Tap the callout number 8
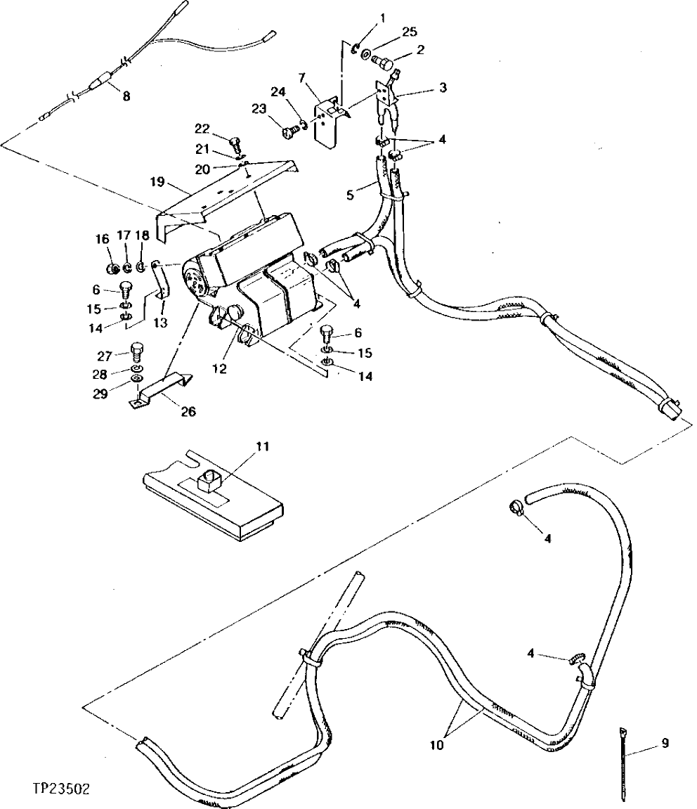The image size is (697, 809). [126, 97]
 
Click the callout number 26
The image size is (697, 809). [188, 411]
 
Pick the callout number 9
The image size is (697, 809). [665, 742]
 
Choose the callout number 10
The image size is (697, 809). [438, 746]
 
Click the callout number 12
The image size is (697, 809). [220, 368]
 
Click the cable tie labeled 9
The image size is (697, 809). [623, 766]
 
